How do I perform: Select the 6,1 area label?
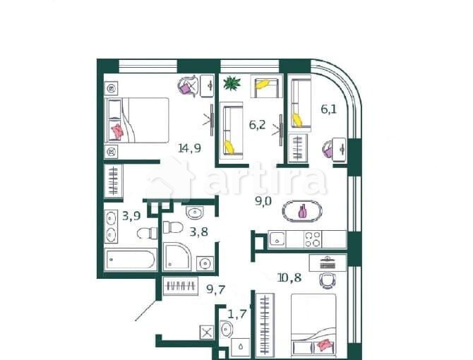pos(329,109)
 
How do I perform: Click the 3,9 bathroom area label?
pos(131,216)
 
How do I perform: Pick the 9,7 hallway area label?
pos(215,287)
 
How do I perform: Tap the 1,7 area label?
pos(236,313)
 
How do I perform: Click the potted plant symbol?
pos(231,85)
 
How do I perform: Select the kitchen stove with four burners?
pos(312,239)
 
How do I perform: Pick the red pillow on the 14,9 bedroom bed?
pos(117,131)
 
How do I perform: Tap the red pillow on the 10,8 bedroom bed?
pos(325,345)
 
